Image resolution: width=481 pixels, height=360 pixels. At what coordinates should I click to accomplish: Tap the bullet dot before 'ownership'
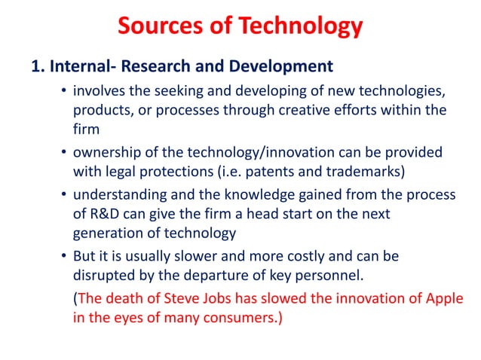coord(65,154)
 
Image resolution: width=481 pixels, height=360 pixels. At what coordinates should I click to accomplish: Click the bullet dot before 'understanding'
coord(65,196)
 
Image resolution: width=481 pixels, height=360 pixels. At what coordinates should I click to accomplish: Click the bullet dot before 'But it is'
coord(65,257)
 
